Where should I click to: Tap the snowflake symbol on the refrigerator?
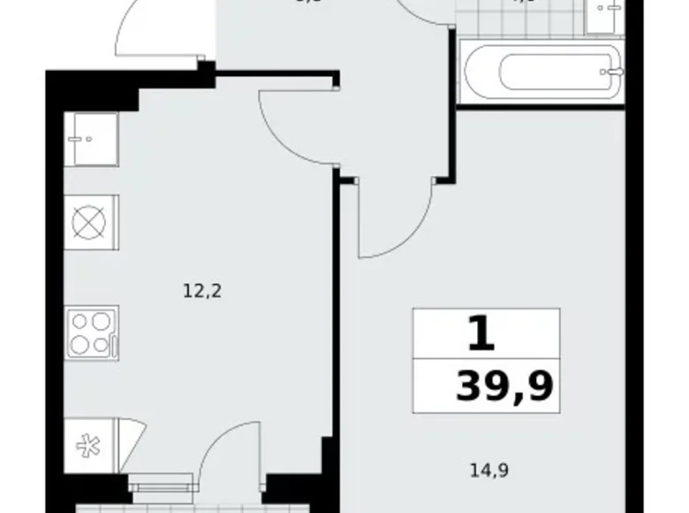pos(88,446)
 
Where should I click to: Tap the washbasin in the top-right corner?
pos(607,16)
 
